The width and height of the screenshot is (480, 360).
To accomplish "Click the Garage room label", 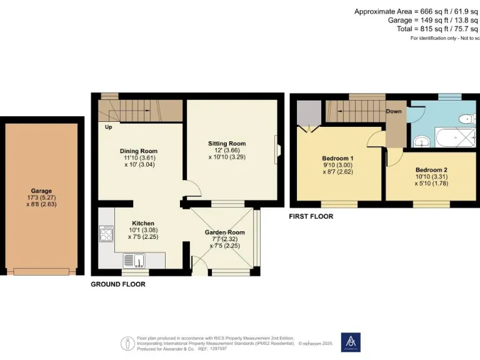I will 42,191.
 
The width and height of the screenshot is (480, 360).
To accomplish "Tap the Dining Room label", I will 138,151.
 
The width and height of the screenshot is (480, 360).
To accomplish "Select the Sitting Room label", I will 227,144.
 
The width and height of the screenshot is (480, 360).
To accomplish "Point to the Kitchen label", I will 142,223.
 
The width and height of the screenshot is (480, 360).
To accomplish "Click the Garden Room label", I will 224,232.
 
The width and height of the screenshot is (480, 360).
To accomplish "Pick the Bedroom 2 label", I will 431,169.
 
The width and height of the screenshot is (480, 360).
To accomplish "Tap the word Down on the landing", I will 394,111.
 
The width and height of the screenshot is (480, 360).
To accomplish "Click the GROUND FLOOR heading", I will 118,284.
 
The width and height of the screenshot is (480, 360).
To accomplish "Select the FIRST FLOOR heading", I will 311,216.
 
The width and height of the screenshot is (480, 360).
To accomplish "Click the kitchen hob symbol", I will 106,235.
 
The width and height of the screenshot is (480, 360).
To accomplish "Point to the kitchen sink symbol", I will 135,260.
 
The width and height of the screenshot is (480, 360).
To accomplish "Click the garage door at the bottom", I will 42,271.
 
